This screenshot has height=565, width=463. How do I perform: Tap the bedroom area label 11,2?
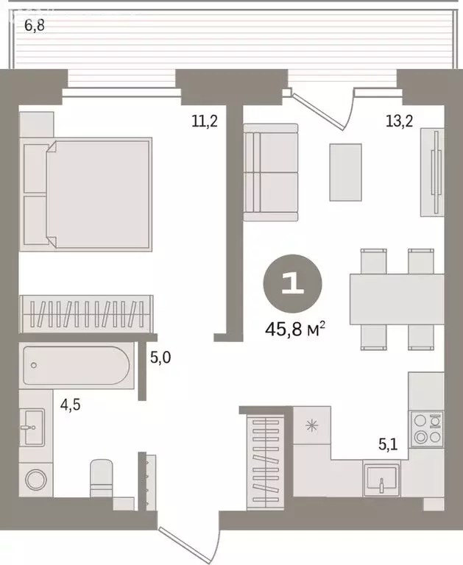[204, 121]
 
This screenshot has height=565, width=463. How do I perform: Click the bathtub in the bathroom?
[77, 366]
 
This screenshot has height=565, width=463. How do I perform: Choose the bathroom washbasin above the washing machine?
[33, 427]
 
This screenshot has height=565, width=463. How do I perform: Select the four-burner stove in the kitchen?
[427, 429]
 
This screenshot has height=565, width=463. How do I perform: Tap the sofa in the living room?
[271, 172]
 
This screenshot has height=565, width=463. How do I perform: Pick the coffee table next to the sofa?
[345, 171]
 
